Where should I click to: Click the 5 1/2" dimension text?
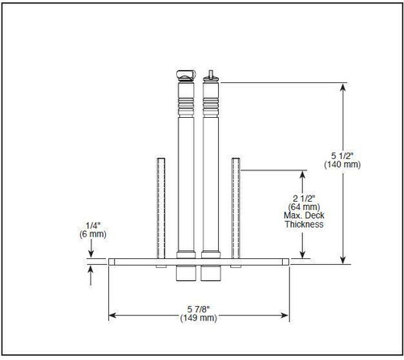click(x=344, y=154)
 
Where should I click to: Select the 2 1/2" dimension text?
click(x=303, y=198)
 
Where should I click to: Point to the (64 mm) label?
click(x=303, y=207)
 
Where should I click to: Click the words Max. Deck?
click(x=304, y=216)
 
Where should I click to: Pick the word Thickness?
click(x=304, y=224)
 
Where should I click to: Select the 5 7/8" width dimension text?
click(x=200, y=309)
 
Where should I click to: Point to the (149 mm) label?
click(x=200, y=319)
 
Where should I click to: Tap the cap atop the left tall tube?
click(x=185, y=76)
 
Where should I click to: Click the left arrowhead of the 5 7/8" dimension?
click(x=113, y=314)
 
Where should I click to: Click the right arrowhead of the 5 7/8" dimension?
click(x=286, y=314)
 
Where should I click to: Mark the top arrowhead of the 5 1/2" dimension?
click(x=344, y=86)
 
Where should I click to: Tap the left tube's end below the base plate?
click(x=186, y=274)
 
